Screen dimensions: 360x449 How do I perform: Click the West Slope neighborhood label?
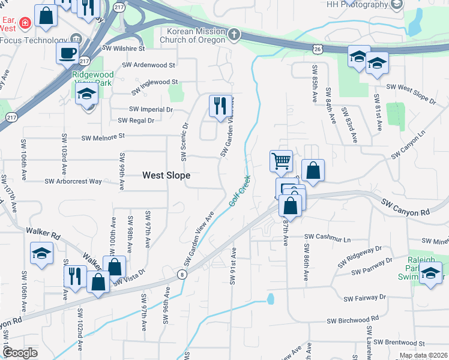pyautogui.click(x=166, y=175)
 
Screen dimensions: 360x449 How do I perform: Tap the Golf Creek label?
pyautogui.click(x=239, y=191)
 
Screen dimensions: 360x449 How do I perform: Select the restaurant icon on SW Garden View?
pyautogui.click(x=220, y=106)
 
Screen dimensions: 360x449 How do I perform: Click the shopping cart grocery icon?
pyautogui.click(x=281, y=160)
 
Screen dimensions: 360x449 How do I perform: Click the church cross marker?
pyautogui.click(x=234, y=35)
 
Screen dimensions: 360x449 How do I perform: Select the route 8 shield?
pyautogui.click(x=182, y=274)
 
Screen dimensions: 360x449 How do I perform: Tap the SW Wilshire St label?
pyautogui.click(x=124, y=48)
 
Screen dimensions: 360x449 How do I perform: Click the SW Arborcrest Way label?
pyautogui.click(x=73, y=181)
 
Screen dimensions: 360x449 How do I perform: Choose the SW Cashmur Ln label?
pyautogui.click(x=327, y=238)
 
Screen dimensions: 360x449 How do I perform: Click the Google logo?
pyautogui.click(x=20, y=353)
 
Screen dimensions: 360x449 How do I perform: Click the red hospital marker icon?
pyautogui.click(x=25, y=24)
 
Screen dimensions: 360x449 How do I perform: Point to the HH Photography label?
pyautogui.click(x=358, y=4)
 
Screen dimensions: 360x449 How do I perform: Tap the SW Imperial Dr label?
pyautogui.click(x=151, y=110)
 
